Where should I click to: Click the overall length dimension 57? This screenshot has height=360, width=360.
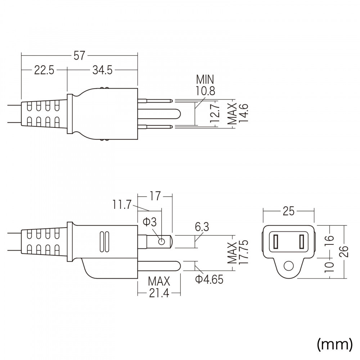pos(79,56)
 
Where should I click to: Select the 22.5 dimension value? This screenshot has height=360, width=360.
pos(44,70)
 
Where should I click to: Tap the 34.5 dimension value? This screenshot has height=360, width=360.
pos(102,70)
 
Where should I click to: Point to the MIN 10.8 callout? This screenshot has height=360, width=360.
pos(205,85)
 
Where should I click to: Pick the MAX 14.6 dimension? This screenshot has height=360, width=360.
pos(238,113)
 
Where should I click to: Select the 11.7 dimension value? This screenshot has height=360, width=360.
pos(122,204)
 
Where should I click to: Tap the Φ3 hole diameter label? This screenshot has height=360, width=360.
pos(149,222)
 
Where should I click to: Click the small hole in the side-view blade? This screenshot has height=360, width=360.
pos(161,242)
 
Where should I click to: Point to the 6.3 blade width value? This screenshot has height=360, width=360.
pos(202,227)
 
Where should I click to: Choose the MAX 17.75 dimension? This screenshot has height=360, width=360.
pos(238,253)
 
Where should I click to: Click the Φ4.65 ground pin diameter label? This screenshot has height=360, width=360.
pos(209,279)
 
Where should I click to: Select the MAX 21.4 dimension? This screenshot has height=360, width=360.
pos(159,287)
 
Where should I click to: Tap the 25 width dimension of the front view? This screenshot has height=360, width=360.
pos(288,211)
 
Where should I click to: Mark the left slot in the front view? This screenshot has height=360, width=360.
pos(275,242)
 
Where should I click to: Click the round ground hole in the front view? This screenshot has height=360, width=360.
pos(289,266)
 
